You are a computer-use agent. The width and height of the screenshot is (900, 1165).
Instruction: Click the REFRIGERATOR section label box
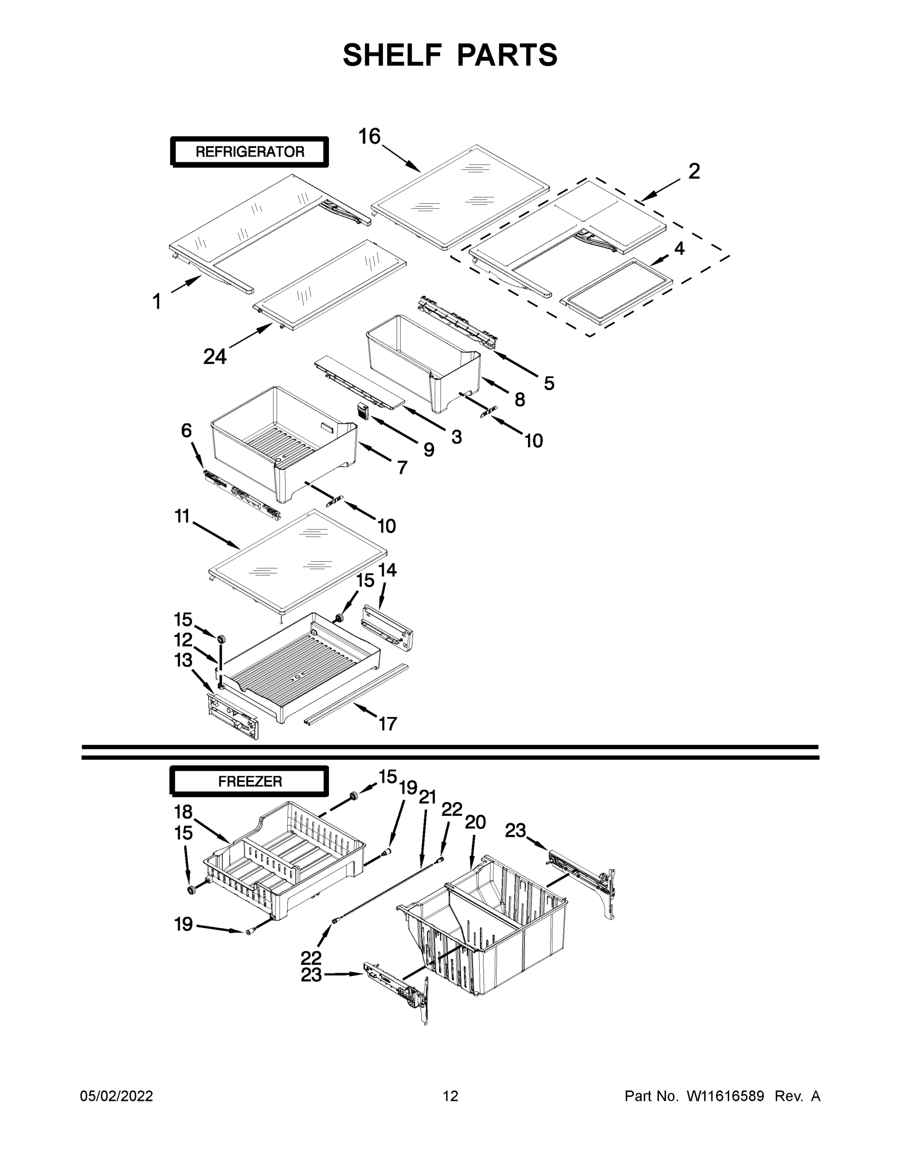tap(249, 151)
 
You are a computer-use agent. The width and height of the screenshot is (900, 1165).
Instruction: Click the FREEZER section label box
tap(249, 782)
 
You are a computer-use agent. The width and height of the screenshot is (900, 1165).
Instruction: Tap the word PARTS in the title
tap(507, 55)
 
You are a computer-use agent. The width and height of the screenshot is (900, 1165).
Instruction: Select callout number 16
tap(369, 136)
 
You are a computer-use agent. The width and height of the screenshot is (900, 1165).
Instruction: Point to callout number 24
tap(215, 356)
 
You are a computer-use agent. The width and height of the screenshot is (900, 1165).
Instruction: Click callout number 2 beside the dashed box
tap(694, 171)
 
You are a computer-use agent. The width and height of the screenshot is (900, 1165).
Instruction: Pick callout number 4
tap(679, 249)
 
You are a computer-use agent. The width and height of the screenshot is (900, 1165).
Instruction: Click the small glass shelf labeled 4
tap(617, 291)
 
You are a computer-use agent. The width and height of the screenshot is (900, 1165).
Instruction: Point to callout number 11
tap(182, 516)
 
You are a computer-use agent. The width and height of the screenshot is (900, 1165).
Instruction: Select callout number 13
tap(183, 660)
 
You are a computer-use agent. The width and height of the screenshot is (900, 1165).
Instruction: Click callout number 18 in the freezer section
tap(183, 812)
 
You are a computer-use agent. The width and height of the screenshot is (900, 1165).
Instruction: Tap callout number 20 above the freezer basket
tap(475, 822)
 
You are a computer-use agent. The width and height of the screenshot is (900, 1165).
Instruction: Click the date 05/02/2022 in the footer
tap(116, 1096)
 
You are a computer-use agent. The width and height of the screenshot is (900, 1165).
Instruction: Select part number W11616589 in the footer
tap(725, 1096)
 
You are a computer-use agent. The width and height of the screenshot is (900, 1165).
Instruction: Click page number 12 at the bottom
tap(451, 1096)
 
